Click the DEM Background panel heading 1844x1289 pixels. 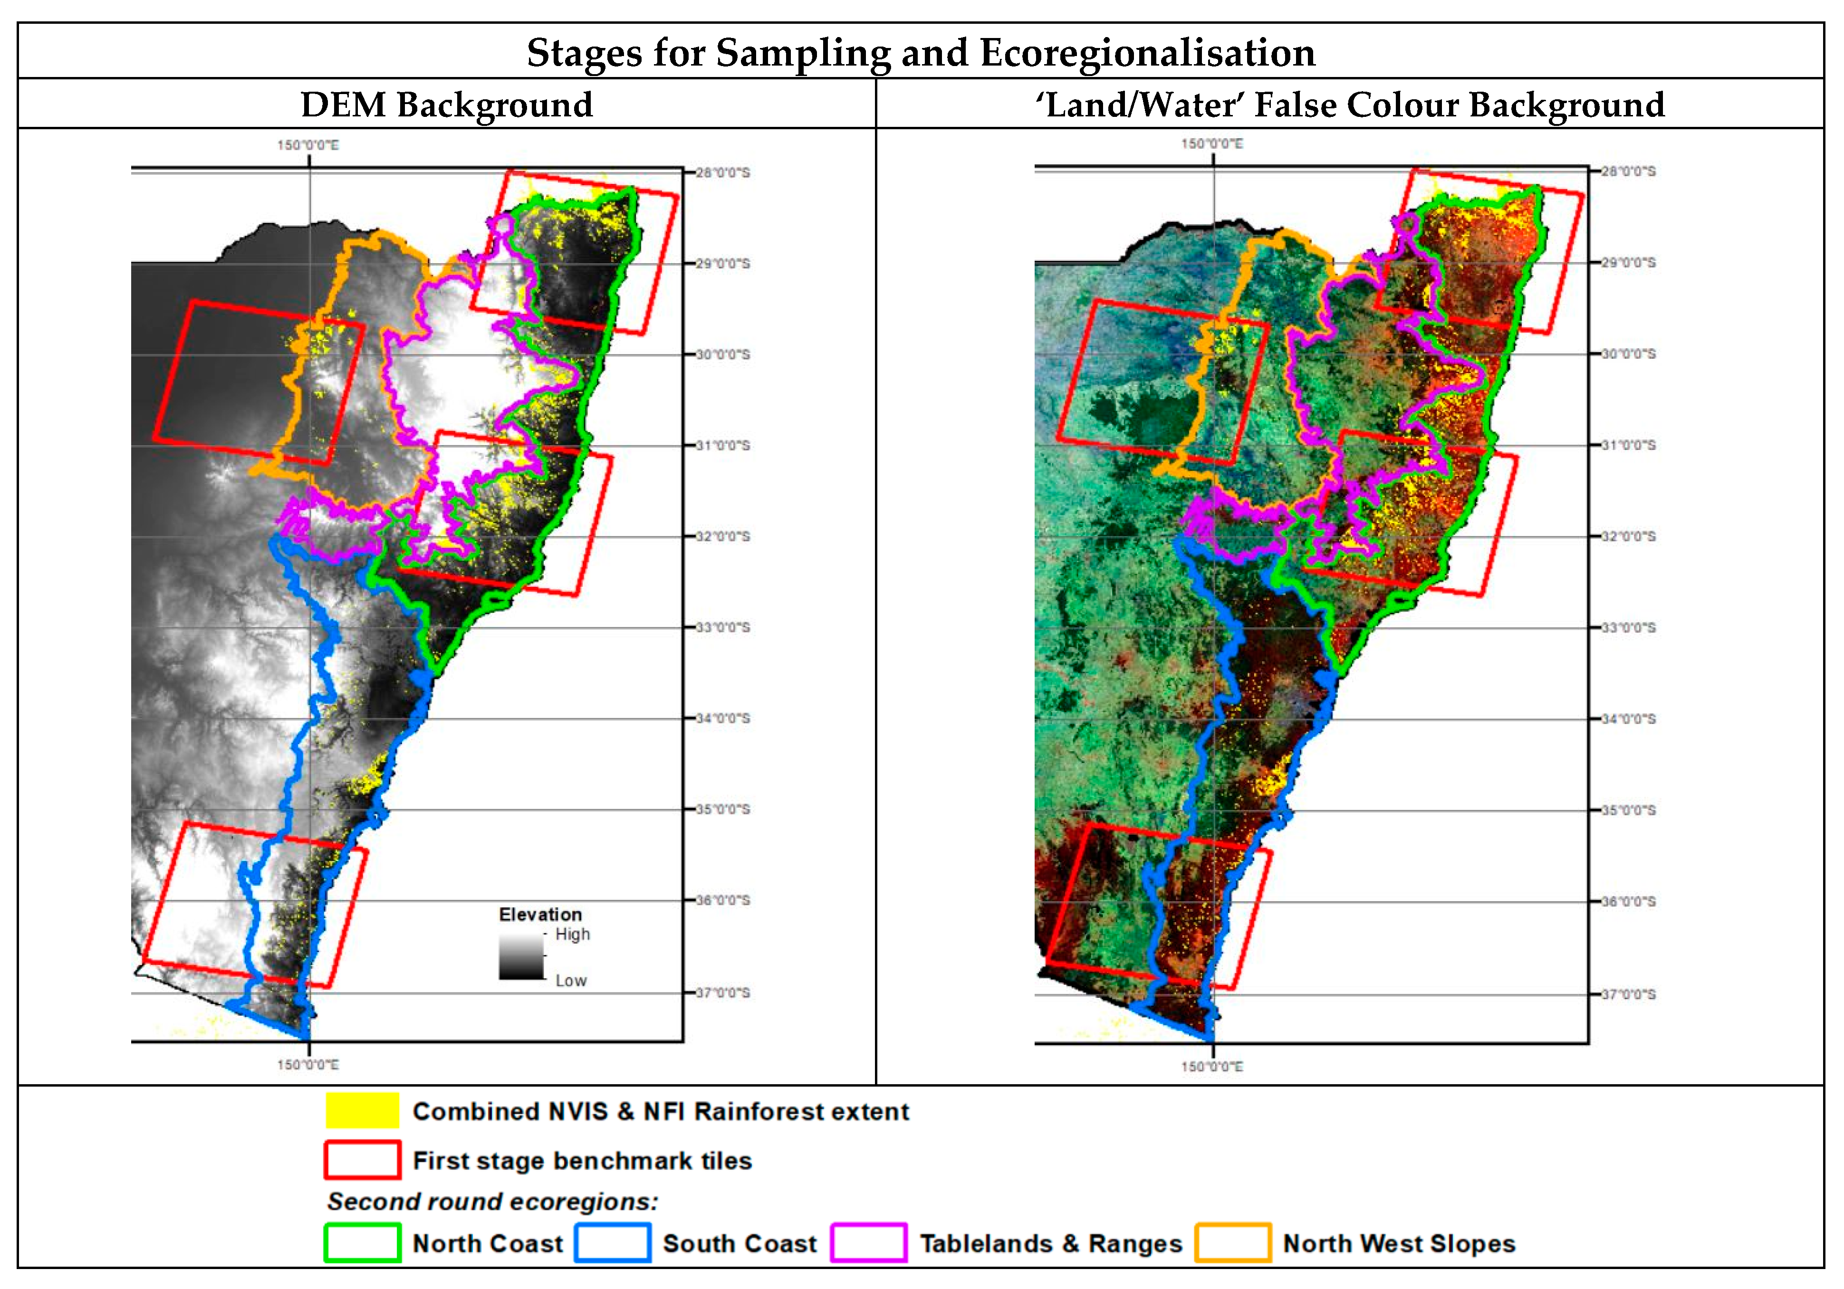tap(447, 105)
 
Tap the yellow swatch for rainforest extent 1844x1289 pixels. tap(362, 1111)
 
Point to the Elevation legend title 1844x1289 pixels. tap(540, 914)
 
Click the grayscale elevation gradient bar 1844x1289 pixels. tap(521, 956)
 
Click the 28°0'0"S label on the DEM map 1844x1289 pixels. tap(722, 172)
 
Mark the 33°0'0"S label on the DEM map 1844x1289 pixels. tap(722, 627)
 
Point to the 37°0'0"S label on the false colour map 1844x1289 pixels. tap(1628, 994)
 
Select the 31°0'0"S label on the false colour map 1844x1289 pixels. tap(1628, 445)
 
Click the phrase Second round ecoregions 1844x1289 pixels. tap(492, 1202)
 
